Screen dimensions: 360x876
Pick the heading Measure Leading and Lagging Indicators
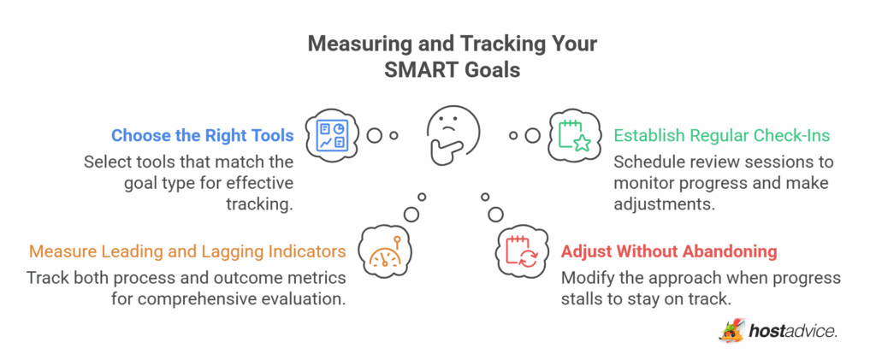click(187, 252)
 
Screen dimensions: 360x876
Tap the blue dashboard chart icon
click(330, 135)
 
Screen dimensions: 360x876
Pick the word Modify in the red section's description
click(585, 278)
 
